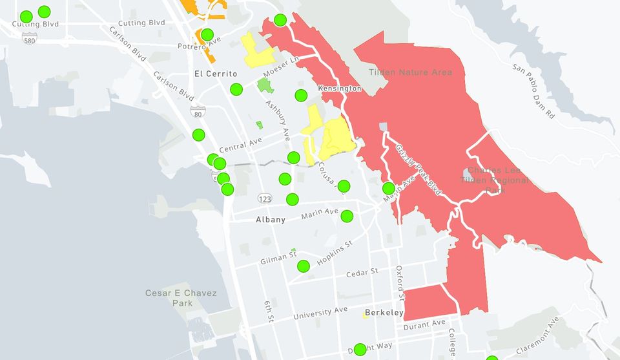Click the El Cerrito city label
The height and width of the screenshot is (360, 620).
click(216, 74)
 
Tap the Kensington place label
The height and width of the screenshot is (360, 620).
click(339, 87)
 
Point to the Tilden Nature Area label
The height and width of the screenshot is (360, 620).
click(411, 72)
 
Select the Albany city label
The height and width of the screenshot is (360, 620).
click(271, 220)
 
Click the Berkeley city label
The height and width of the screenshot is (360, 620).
click(384, 313)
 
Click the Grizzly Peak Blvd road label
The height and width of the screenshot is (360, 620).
click(418, 169)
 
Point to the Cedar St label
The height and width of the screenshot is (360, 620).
click(362, 273)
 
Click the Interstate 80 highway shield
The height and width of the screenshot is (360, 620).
click(196, 113)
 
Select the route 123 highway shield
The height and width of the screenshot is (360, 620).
click(263, 197)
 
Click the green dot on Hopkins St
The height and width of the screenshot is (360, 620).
click(304, 266)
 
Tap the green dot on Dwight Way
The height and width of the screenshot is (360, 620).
click(360, 350)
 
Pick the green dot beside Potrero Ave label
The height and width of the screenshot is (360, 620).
click(207, 34)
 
